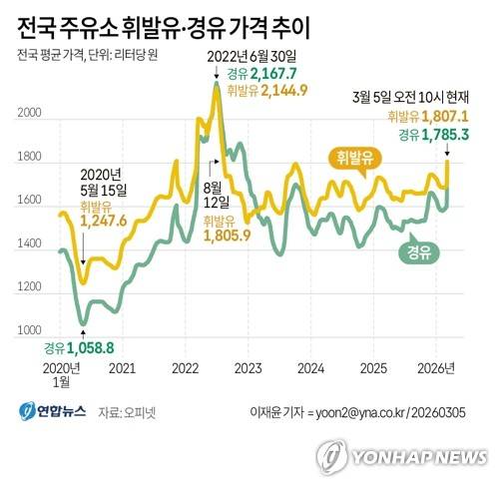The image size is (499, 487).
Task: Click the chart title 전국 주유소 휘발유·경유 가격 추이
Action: tap(177, 23)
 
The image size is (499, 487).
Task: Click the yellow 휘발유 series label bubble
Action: tap(355, 158)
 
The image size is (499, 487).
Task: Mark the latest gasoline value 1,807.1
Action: tap(446, 116)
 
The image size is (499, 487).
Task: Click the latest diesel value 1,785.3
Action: tap(447, 133)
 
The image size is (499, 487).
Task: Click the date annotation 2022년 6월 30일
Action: tap(251, 58)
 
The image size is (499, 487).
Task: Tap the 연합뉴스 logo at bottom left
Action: tap(50, 410)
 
